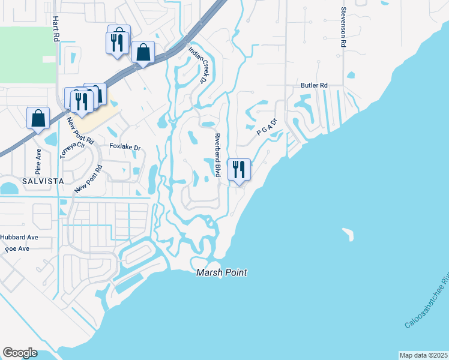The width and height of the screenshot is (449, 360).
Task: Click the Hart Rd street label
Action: tap(56, 28)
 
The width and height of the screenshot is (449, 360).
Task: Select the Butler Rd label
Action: tap(314, 86)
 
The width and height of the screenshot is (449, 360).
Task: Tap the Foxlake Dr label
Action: tap(125, 146)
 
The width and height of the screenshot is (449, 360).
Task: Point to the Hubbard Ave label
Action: tap(19, 237)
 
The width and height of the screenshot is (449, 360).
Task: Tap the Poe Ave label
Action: tap(17, 248)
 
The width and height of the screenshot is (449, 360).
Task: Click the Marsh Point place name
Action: tap(222, 272)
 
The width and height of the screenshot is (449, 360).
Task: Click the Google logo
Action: tap(20, 353)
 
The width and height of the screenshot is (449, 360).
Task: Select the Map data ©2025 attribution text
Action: tap(423, 355)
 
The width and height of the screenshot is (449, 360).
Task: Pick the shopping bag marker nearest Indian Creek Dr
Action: tap(143, 52)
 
